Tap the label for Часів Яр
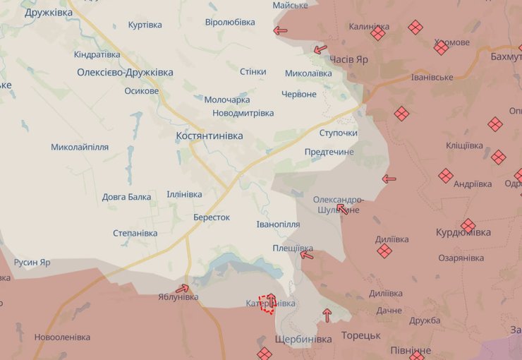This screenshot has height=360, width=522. tap(348, 60)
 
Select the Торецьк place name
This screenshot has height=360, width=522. tap(360, 335)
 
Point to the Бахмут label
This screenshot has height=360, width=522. tap(505, 56)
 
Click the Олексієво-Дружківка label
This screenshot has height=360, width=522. tap(125, 72)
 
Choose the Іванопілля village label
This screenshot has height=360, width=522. tap(278, 224)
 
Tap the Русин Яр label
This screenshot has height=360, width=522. tap(32, 263)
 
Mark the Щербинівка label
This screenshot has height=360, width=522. tap(303, 340)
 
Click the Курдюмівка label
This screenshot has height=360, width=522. tap(463, 232)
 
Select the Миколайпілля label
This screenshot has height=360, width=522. tap(80, 148)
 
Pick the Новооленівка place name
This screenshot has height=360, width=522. tap(63, 337)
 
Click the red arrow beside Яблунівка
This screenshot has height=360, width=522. tap(183, 288)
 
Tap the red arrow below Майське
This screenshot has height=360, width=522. tap(280, 30)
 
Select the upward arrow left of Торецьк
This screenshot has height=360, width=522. tap(327, 315)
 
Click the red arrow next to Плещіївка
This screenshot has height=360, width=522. tap(306, 255)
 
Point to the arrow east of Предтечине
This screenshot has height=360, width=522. tap(389, 179)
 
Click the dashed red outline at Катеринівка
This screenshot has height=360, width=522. tap(267, 304)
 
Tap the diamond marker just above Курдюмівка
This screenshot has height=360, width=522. tap(468, 225)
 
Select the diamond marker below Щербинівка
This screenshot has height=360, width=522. tap(264, 354)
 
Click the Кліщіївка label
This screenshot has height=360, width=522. tap(464, 145)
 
